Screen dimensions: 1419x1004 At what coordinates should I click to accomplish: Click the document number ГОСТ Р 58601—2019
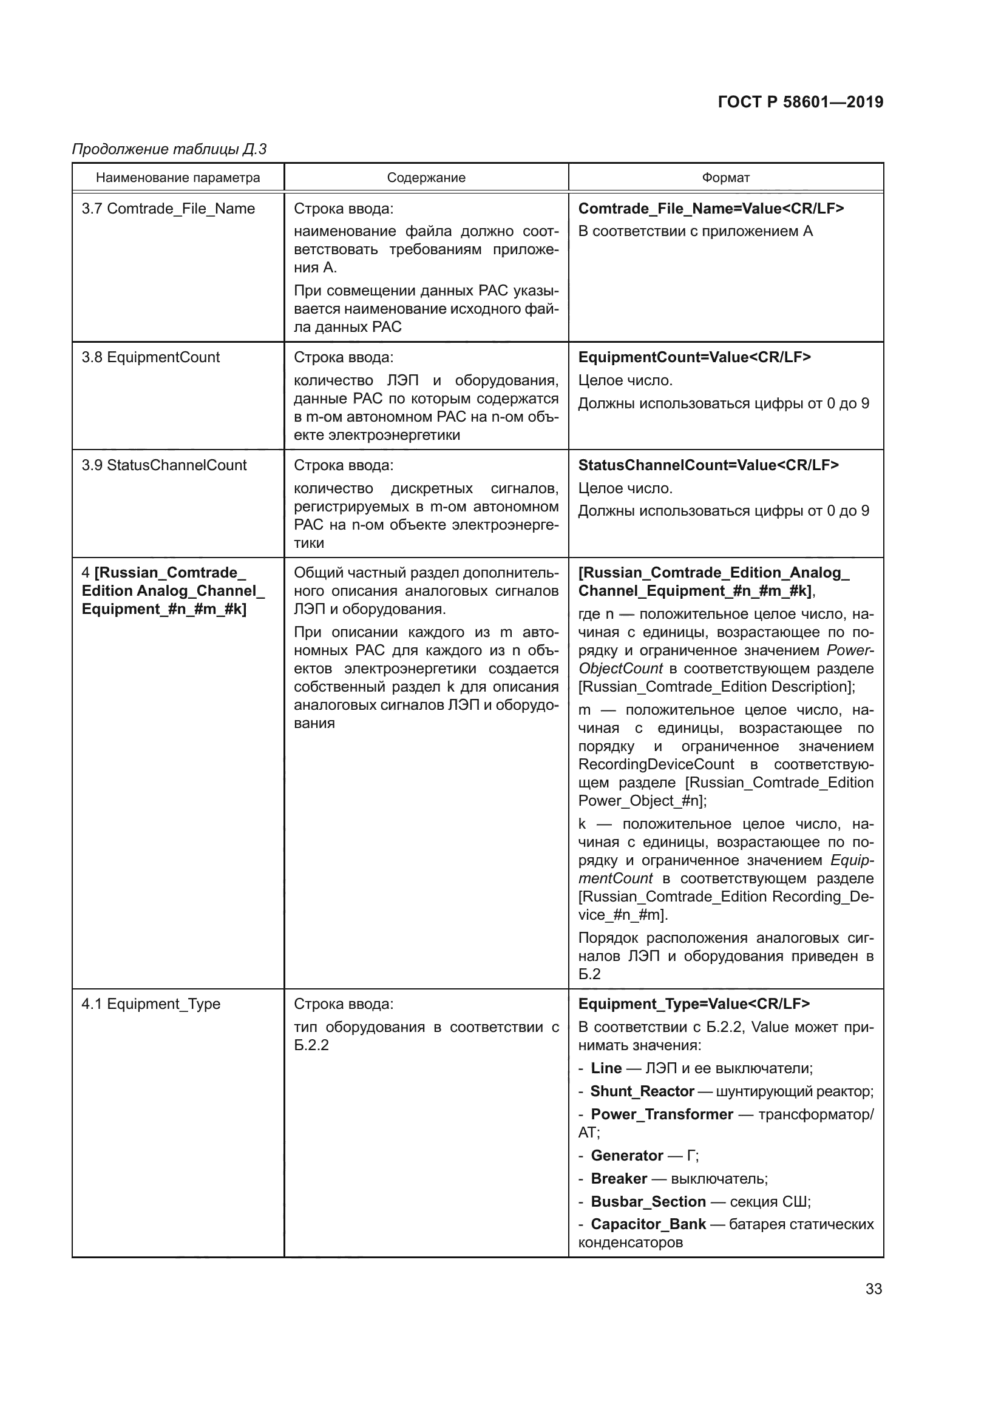800,102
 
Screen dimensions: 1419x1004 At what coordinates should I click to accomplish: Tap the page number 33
873,1289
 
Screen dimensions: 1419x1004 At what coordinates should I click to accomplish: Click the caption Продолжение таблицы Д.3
169,149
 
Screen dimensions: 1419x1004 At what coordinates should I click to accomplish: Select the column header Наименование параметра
178,178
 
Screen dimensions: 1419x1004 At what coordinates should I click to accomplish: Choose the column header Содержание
426,178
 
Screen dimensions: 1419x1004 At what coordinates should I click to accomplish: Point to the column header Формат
725,178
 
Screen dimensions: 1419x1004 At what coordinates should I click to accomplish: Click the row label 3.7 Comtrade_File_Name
168,209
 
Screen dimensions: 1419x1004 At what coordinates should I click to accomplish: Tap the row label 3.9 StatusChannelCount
164,465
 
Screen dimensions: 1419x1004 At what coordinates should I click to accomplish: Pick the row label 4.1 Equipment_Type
151,1003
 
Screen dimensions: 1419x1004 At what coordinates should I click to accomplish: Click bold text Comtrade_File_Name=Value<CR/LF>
711,209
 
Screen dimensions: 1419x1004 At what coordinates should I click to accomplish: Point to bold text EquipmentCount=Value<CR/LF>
694,357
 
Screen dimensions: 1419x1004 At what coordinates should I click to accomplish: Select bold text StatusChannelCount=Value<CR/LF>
708,465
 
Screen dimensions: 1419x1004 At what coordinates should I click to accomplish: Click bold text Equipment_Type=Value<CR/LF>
694,1003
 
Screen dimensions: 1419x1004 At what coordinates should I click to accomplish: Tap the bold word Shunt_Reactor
642,1091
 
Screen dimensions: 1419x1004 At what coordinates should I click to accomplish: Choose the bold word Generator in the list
627,1156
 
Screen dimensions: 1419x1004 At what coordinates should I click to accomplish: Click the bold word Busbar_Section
648,1201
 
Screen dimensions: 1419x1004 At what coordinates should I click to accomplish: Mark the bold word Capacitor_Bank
648,1224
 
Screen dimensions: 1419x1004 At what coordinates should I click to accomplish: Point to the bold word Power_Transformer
662,1114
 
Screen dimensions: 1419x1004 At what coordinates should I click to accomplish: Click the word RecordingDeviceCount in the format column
656,764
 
